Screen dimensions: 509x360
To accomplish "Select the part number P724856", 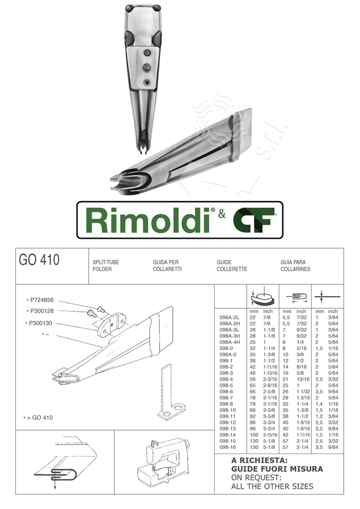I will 43,300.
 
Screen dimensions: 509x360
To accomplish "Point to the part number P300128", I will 43,311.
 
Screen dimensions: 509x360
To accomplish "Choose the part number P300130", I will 43,323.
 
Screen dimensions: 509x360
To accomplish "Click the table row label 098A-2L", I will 230,316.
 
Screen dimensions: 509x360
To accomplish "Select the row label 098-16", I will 227,447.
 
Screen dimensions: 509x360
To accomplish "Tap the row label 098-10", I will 227,409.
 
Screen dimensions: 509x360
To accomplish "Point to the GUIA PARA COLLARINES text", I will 295,265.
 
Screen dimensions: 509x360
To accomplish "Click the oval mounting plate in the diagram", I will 108,326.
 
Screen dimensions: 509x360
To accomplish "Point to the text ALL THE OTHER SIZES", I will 265,486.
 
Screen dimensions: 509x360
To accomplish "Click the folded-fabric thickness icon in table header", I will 296,297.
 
